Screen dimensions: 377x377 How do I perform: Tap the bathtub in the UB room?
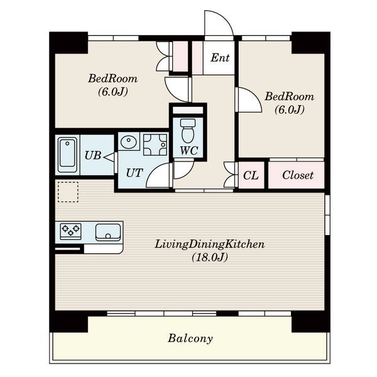coord(68,153)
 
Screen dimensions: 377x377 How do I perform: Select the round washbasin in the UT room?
coord(128,142)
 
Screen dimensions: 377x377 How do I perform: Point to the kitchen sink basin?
coord(108,232)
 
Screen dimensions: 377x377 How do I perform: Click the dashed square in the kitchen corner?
coord(68,192)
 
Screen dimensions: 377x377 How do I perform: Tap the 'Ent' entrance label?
coord(220,58)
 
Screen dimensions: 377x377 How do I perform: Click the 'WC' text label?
coord(189,151)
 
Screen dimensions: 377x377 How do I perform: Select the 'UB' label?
coord(93,156)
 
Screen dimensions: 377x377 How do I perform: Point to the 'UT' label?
coord(134,173)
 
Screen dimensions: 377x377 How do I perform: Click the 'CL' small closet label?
coord(251,175)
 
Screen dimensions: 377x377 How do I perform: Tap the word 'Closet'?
coord(298,175)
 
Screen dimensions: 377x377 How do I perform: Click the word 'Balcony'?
coord(190,339)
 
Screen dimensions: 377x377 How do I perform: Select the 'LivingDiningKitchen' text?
coord(209,244)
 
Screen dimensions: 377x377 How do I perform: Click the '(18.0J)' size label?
coord(210,258)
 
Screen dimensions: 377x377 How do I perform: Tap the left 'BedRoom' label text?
coord(112,79)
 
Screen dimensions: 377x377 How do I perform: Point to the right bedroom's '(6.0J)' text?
coord(290,109)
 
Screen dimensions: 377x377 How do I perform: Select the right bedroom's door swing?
coord(256,94)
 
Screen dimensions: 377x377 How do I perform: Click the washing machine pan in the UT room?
coord(155,145)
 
